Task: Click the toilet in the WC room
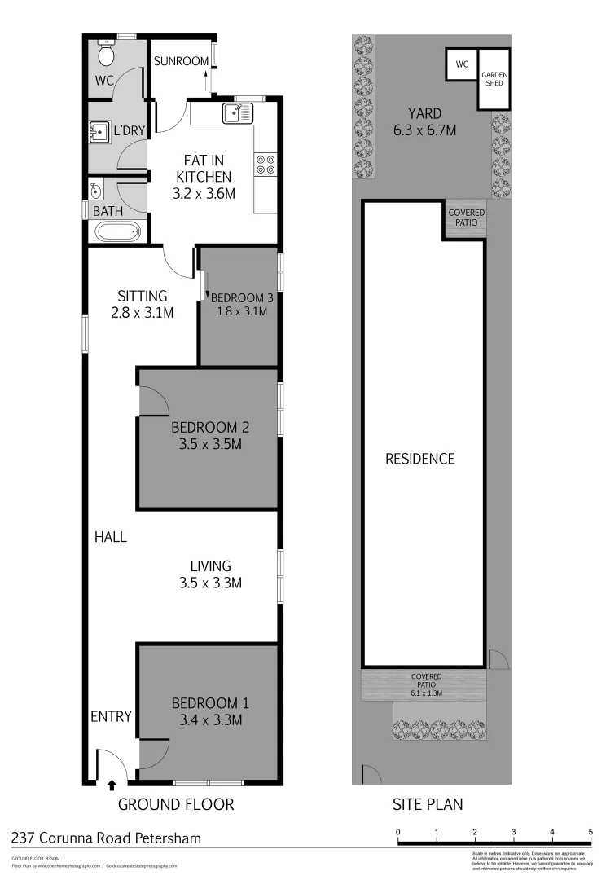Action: point(106,55)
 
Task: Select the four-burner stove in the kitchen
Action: point(266,165)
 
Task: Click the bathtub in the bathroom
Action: point(119,233)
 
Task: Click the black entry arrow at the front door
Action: point(112,785)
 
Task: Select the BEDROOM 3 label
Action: point(242,297)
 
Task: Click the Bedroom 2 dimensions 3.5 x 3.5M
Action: point(209,444)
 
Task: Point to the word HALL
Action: point(111,538)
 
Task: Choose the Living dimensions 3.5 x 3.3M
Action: point(210,583)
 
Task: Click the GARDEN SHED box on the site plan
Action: point(493,79)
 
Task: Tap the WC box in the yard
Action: point(461,64)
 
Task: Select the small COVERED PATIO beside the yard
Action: point(467,218)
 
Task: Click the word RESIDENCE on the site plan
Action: point(419,459)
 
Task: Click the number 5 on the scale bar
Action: point(591,832)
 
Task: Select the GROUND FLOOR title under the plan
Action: point(177,804)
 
